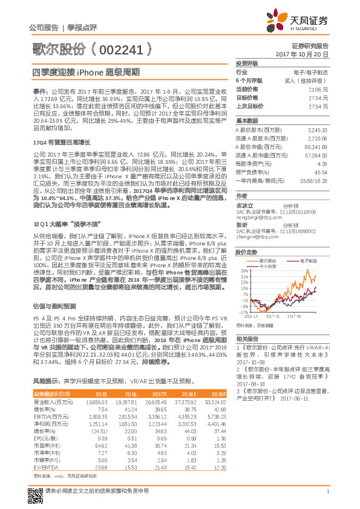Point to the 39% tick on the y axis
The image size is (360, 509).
tap(243, 270)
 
